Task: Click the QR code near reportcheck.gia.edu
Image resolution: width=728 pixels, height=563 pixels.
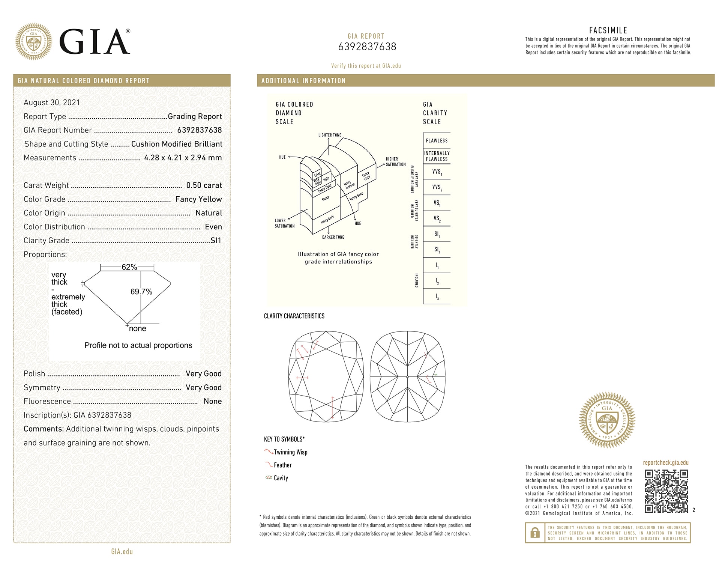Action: (666, 491)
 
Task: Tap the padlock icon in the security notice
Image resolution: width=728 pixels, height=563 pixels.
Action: (535, 533)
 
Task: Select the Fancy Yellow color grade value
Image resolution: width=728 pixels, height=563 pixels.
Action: (198, 199)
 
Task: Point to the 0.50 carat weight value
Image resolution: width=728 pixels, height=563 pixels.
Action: (204, 185)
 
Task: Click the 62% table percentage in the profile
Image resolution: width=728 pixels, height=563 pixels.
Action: (129, 267)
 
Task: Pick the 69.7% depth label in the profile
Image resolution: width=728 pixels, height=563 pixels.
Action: (141, 292)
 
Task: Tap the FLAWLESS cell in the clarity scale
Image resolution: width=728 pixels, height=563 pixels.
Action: (437, 141)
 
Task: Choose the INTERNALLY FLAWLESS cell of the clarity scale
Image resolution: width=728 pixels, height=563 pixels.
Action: (437, 156)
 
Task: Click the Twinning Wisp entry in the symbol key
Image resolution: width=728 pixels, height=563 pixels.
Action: (290, 452)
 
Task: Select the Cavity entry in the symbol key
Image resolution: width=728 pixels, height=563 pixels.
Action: (281, 478)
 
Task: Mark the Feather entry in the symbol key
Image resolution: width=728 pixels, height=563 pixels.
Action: (282, 465)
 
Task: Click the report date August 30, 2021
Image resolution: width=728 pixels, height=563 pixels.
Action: (52, 102)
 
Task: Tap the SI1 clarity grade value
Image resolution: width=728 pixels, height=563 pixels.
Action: (216, 241)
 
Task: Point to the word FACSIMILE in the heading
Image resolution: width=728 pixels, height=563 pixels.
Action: (608, 30)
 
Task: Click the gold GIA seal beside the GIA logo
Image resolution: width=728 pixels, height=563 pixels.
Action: (34, 41)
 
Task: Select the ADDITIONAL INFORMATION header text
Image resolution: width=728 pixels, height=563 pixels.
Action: (303, 81)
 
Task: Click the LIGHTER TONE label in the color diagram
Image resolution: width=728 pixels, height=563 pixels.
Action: (330, 135)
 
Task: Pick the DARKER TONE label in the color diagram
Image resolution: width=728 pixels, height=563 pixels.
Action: (333, 237)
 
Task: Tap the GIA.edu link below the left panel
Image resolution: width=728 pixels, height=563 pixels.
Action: (122, 551)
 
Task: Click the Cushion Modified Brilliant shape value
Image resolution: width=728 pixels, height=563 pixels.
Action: (177, 144)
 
